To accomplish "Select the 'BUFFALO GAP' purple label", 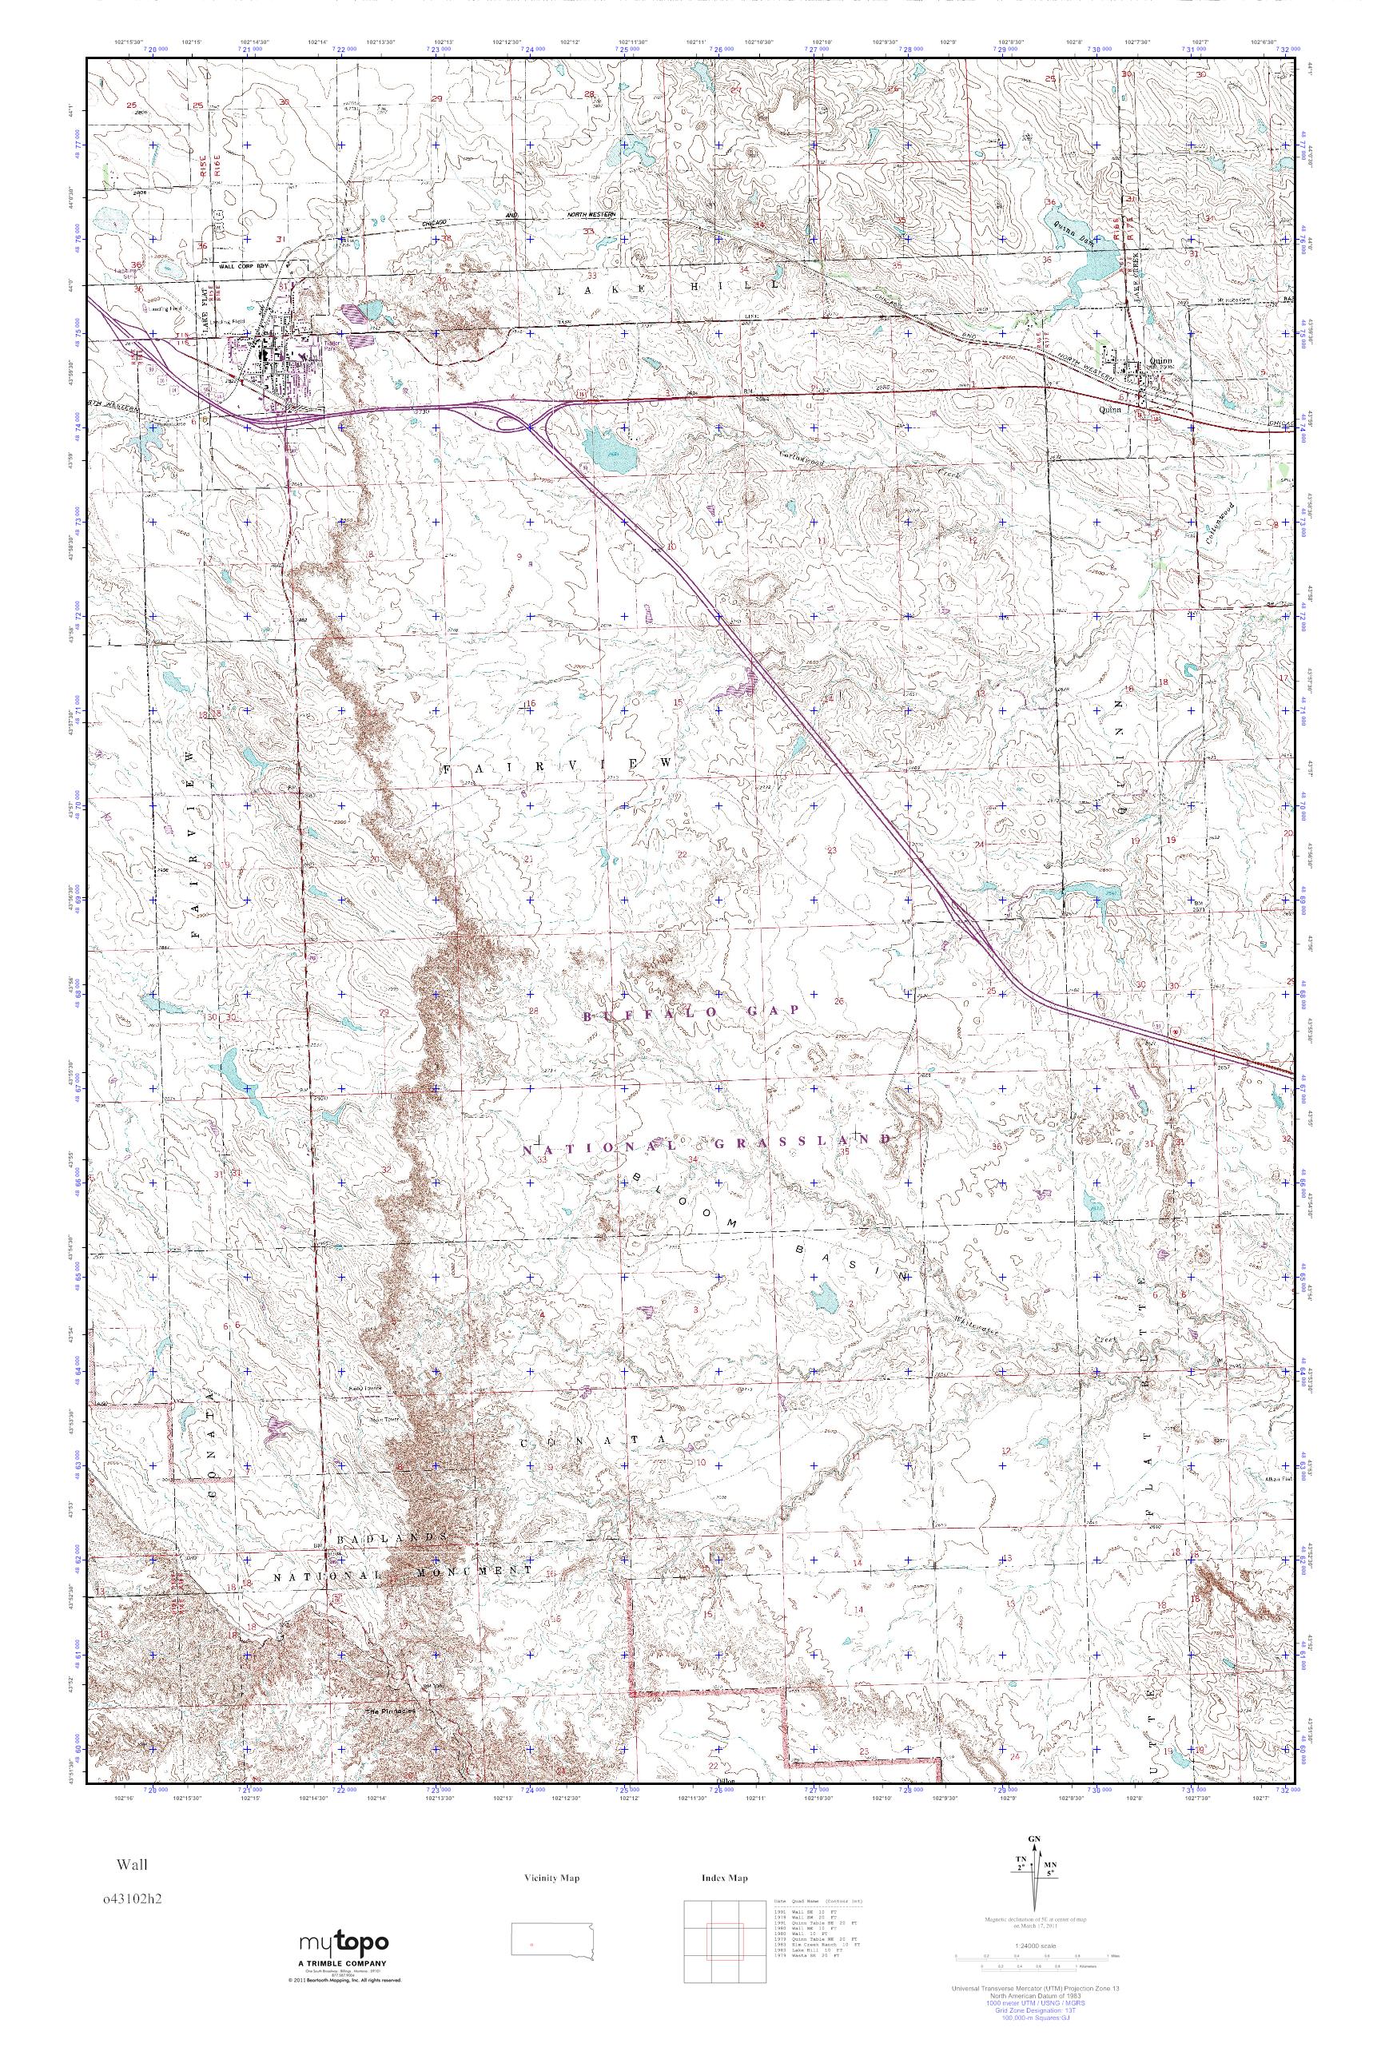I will [x=691, y=1012].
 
